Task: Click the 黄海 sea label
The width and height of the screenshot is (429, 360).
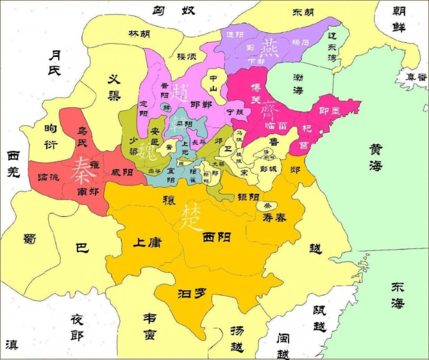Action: point(375,157)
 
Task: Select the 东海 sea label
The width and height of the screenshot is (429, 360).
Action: point(397,294)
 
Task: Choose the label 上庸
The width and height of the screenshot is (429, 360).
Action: point(147,243)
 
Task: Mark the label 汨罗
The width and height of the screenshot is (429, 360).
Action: point(192,294)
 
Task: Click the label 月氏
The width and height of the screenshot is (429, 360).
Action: point(55,63)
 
